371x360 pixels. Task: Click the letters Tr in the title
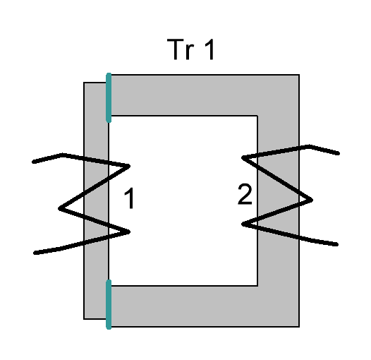click(181, 49)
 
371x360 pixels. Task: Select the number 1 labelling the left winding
click(129, 198)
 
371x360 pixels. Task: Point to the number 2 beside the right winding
click(245, 194)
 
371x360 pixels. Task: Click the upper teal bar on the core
click(109, 97)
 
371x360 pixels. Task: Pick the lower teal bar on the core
click(109, 304)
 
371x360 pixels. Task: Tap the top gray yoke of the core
click(204, 95)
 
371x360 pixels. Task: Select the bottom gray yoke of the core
click(204, 306)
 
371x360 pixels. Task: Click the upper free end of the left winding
click(34, 162)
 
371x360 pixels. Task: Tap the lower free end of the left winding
click(35, 253)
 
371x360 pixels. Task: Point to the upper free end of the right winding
click(338, 153)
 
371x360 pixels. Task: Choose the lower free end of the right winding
click(336, 244)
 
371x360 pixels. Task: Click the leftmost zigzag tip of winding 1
click(59, 208)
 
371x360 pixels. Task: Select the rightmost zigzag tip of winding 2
click(312, 200)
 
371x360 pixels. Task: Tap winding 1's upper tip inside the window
click(129, 166)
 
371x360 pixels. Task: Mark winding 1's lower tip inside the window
click(129, 232)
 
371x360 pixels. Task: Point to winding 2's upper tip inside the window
click(243, 157)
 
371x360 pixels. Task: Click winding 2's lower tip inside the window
click(243, 224)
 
